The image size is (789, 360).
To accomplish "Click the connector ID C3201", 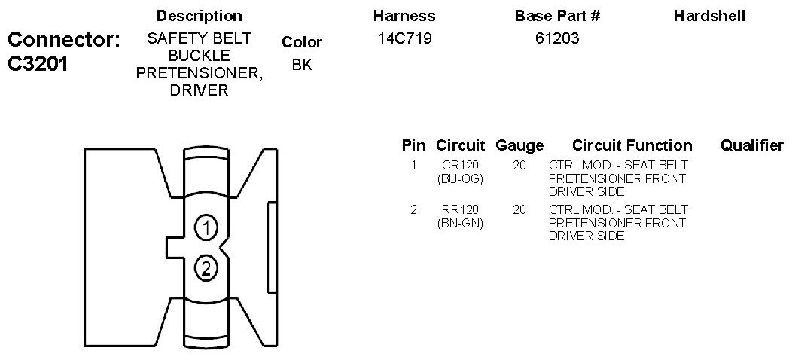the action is click(38, 64).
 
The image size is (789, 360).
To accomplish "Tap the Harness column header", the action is click(404, 16).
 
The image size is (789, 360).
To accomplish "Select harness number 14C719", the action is click(404, 38).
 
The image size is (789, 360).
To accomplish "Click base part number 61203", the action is click(558, 38).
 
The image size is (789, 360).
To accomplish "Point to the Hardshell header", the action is click(709, 16).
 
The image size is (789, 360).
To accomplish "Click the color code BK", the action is click(302, 65).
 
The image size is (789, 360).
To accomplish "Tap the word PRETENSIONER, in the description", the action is click(200, 73).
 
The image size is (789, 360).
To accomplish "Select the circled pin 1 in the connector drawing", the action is click(206, 228).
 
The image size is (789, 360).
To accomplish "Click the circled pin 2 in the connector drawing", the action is click(206, 268).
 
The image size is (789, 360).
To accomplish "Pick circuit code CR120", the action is click(461, 165).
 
